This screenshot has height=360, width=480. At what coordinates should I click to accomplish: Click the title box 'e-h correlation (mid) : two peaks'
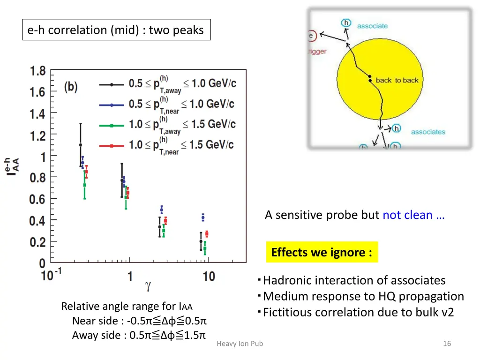pyautogui.click(x=116, y=30)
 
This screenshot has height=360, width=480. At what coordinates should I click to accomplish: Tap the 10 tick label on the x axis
pyautogui.click(x=209, y=276)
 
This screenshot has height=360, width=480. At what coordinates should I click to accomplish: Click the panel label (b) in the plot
pyautogui.click(x=71, y=88)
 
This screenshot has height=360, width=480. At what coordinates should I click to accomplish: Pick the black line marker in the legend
pyautogui.click(x=112, y=84)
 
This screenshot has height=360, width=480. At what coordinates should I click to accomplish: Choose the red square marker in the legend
pyautogui.click(x=112, y=146)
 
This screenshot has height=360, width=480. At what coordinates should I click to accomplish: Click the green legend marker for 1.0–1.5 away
pyautogui.click(x=112, y=125)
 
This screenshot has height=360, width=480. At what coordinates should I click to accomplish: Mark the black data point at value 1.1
pyautogui.click(x=81, y=145)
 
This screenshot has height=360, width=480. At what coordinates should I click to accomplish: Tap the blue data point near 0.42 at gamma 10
pyautogui.click(x=203, y=217)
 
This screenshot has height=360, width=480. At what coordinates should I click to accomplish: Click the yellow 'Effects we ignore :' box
pyautogui.click(x=322, y=252)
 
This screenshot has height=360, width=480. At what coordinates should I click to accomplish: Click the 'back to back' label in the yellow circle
pyautogui.click(x=397, y=80)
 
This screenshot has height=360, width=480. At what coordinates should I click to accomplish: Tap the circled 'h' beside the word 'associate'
pyautogui.click(x=346, y=23)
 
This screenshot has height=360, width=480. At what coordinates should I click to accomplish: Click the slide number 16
pyautogui.click(x=447, y=344)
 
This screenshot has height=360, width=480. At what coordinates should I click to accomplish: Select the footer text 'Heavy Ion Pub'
pyautogui.click(x=240, y=344)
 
